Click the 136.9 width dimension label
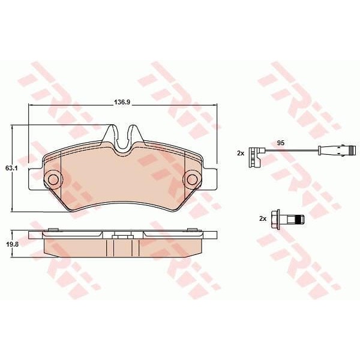(122, 102)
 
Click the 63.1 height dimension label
(11, 168)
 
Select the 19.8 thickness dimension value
(12, 244)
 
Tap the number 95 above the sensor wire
(281, 143)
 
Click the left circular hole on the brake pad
(53, 179)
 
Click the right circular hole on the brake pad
(192, 179)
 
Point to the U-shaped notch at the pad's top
(122, 140)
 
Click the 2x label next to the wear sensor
(241, 153)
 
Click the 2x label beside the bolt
(263, 218)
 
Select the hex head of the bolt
(275, 219)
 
